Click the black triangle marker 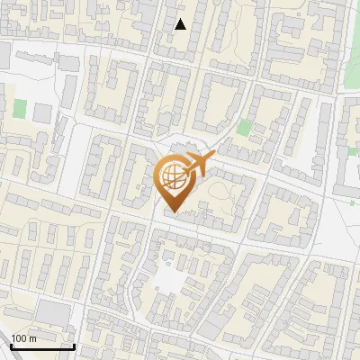[181, 24]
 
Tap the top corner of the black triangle [181, 18]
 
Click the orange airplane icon [199, 166]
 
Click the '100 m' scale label [23, 338]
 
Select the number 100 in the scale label [19, 338]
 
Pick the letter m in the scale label [32, 338]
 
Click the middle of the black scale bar [42, 346]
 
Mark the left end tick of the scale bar [12, 345]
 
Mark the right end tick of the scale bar [73, 345]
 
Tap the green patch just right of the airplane [243, 128]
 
